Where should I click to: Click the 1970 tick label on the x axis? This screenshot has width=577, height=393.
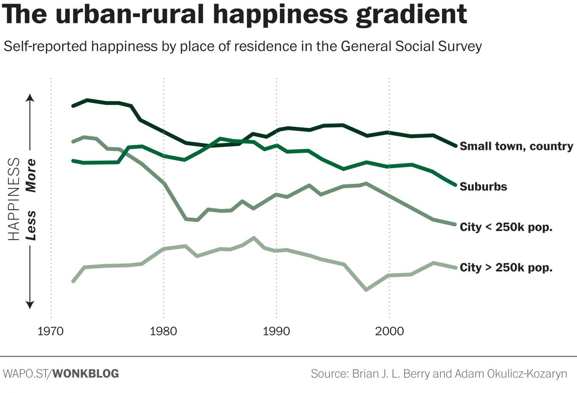51,331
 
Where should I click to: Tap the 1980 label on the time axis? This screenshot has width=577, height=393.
163,331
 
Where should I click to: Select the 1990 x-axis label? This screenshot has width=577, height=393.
276,331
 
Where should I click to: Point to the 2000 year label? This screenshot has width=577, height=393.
389,331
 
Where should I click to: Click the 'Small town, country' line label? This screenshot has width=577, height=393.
516,146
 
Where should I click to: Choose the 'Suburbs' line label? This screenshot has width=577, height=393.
483,187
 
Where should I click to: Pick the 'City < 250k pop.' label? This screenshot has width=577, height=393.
506,227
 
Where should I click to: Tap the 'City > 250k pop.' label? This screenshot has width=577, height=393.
506,267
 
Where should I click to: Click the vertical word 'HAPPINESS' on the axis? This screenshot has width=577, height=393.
14,199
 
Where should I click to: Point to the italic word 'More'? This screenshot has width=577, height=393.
31,176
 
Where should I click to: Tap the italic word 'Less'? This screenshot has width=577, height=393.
31,225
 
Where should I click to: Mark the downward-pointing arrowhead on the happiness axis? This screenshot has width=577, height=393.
30,305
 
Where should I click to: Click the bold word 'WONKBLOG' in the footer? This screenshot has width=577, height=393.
86,374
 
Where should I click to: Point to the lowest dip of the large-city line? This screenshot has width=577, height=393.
366,290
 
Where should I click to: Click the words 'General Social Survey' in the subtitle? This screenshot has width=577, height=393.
411,47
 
